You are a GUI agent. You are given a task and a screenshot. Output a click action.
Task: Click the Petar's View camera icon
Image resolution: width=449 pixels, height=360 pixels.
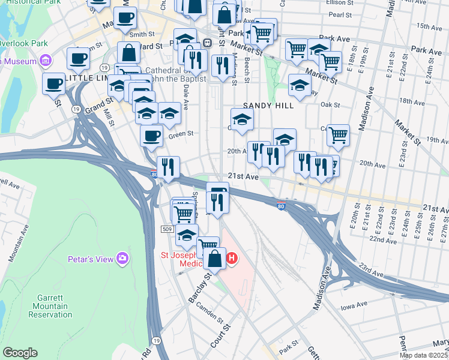(x=123, y=259)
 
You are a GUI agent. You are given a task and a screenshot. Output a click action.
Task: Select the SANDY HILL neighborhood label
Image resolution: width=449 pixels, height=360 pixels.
(x=268, y=106)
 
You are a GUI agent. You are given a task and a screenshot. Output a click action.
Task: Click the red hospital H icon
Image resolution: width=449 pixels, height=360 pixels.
(x=231, y=259)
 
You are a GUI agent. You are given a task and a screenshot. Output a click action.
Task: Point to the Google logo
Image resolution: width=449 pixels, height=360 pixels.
(x=20, y=353)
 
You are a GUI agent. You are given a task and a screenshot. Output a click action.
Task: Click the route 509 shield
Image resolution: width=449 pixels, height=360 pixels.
(x=167, y=229)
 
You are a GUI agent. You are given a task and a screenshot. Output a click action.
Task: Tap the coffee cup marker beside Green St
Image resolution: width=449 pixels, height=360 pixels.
(x=151, y=135)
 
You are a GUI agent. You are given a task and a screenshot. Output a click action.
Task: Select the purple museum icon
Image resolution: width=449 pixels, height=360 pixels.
(x=45, y=60)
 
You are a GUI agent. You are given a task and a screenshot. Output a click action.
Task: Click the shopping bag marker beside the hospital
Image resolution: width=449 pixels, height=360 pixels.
(x=214, y=259)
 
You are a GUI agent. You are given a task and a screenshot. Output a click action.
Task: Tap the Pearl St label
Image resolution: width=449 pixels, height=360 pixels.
(x=340, y=14)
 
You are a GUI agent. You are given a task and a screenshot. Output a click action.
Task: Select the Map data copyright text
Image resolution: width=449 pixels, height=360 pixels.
(x=423, y=355)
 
